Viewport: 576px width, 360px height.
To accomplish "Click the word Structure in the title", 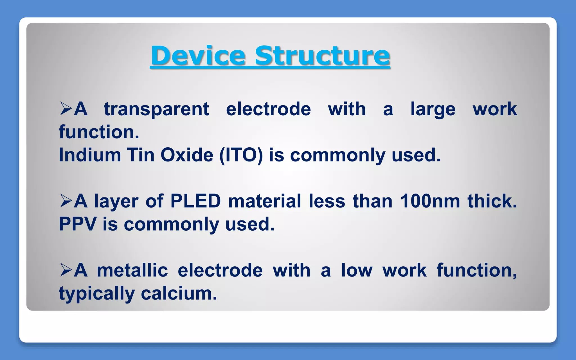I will pyautogui.click(x=322, y=55).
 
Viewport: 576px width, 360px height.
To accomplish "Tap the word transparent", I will pyautogui.click(x=156, y=109).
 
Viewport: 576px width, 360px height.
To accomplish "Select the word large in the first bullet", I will pyautogui.click(x=433, y=109).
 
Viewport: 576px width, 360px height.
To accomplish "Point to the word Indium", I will pyautogui.click(x=90, y=155).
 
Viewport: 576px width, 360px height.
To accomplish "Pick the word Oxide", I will pyautogui.click(x=187, y=155).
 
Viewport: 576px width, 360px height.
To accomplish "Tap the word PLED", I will pyautogui.click(x=195, y=201).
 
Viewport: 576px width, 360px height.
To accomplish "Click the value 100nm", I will pyautogui.click(x=430, y=201).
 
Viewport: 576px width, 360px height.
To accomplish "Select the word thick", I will pyautogui.click(x=492, y=201).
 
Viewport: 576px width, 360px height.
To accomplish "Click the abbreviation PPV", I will pyautogui.click(x=78, y=224).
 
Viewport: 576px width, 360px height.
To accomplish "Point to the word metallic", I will pyautogui.click(x=132, y=270).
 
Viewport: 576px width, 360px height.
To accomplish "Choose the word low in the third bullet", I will pyautogui.click(x=357, y=270).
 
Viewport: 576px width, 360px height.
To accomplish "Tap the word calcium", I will pyautogui.click(x=179, y=293).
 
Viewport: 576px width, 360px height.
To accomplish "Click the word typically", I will pyautogui.click(x=97, y=294).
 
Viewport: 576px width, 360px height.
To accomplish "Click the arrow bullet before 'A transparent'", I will pyautogui.click(x=66, y=109).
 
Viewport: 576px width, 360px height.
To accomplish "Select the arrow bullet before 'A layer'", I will pyautogui.click(x=66, y=201).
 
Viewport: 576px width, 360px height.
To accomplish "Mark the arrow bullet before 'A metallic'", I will pyautogui.click(x=66, y=270).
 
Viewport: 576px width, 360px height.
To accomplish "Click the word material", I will pyautogui.click(x=264, y=201).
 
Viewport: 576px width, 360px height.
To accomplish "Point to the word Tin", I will pyautogui.click(x=141, y=155).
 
